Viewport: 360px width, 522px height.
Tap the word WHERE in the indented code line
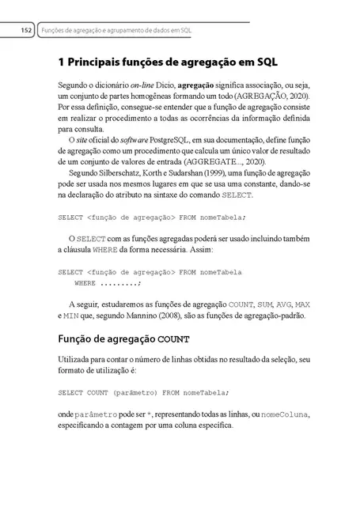[x=85, y=282]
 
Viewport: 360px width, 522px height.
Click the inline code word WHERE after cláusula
[x=104, y=249]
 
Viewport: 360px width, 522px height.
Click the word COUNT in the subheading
[x=152, y=340]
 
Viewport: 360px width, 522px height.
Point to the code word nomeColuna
[x=286, y=414]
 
